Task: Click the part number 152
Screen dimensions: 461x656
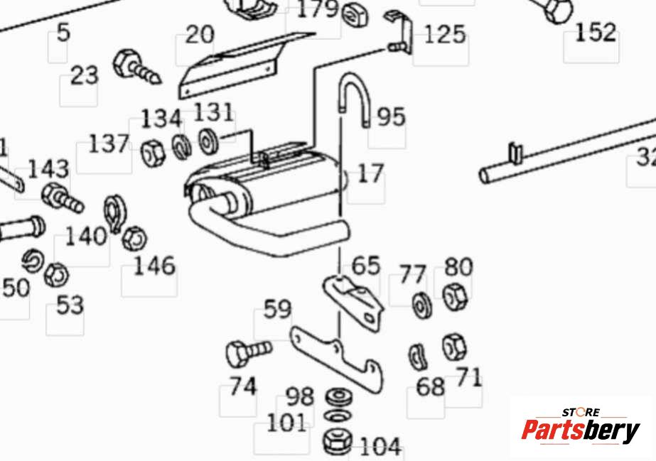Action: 596,32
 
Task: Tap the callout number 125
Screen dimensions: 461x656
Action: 445,34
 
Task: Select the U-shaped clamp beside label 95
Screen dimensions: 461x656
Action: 353,99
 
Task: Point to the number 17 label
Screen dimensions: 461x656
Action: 370,173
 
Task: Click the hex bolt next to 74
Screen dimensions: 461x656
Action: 248,351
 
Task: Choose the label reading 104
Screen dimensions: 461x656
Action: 380,447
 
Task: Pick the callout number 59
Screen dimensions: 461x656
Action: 277,310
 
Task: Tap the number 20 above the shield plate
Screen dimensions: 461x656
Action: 200,34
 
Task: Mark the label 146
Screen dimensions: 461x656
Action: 154,266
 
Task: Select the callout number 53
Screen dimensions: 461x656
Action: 70,305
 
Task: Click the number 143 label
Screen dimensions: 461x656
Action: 48,169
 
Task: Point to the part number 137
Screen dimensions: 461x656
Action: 109,144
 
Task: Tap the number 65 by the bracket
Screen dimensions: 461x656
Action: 366,266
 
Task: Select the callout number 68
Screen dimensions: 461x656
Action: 429,387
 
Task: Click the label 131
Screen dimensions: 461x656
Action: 213,112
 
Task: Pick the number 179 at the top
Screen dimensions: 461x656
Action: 317,10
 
